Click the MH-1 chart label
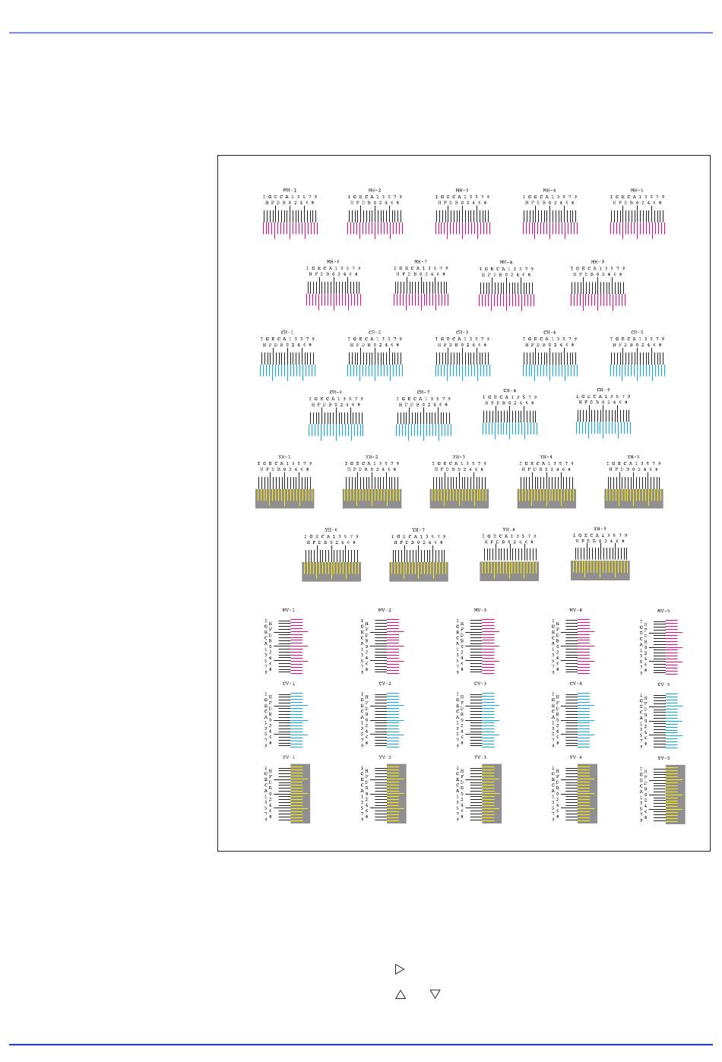[x=290, y=190]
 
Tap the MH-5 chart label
[x=637, y=190]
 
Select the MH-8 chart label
[x=506, y=262]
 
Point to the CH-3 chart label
[x=462, y=332]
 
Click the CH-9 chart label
[x=603, y=390]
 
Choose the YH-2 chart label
[x=372, y=457]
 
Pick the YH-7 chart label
[x=419, y=529]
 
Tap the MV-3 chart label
[x=480, y=610]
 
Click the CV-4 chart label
[x=575, y=684]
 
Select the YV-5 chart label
[x=663, y=758]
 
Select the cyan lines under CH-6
[x=335, y=431]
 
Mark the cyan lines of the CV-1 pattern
[x=297, y=719]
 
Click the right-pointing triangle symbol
[x=400, y=969]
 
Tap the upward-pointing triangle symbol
[x=401, y=994]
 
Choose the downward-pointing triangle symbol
[x=435, y=994]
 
